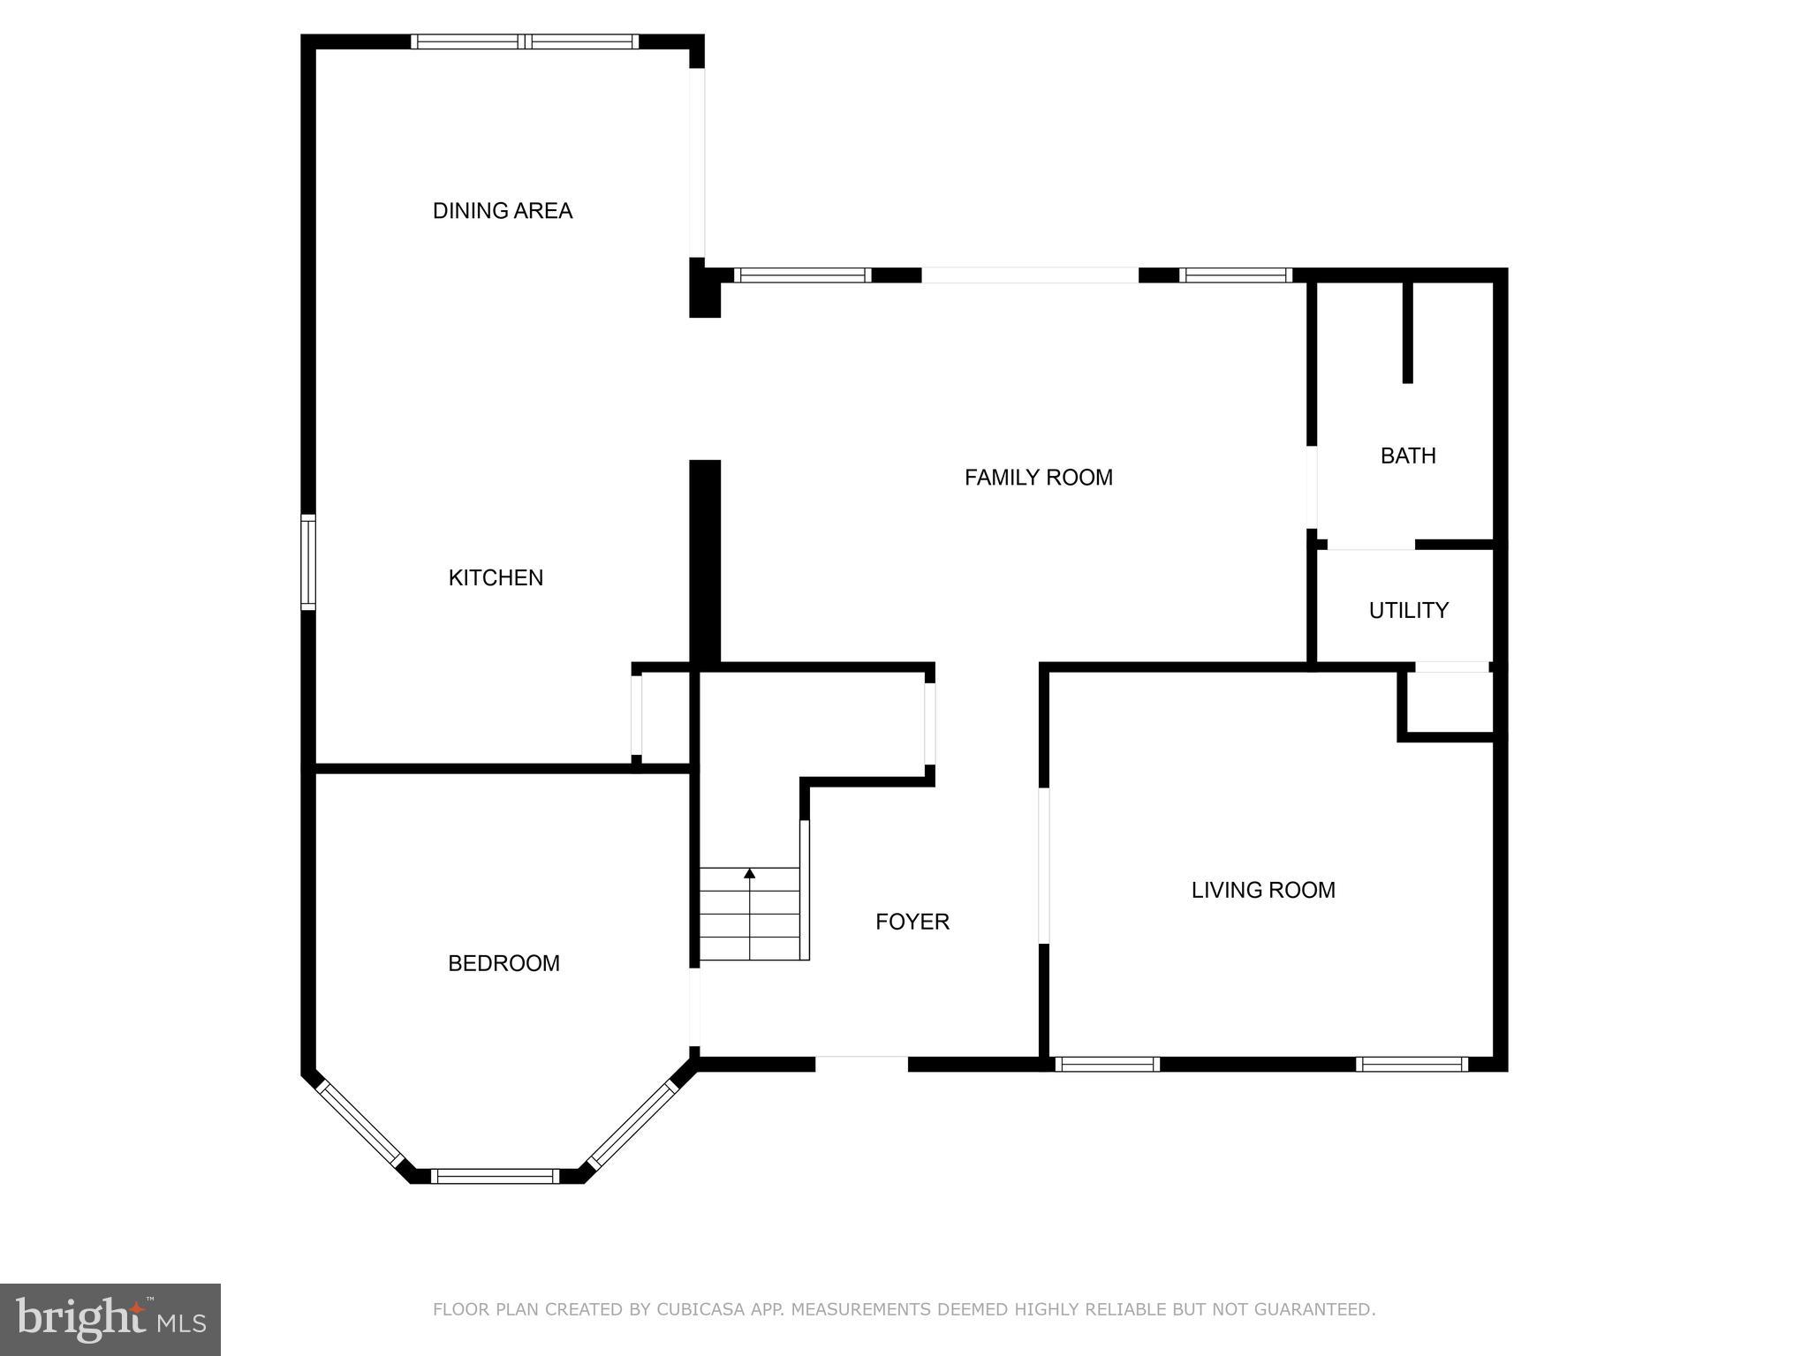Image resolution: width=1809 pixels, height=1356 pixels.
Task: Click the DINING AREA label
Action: tap(502, 211)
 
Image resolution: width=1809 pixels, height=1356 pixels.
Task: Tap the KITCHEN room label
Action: tap(496, 577)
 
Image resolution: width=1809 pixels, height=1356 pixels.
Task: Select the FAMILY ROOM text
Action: tap(1038, 478)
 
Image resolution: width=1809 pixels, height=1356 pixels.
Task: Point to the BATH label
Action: tap(1408, 456)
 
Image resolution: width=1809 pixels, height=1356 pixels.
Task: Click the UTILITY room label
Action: tap(1408, 610)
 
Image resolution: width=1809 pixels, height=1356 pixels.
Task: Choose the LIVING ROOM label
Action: tap(1263, 890)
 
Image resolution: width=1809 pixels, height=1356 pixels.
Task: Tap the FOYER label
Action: tap(912, 922)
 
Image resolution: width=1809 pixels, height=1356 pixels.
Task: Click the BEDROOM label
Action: tap(503, 963)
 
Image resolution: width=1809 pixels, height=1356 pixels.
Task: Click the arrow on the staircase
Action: tap(750, 874)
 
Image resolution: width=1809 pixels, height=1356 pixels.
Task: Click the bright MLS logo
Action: tap(110, 1320)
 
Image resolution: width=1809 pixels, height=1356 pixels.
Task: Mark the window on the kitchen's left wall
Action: tap(307, 563)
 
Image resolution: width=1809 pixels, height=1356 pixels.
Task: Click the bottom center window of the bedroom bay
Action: tap(496, 1176)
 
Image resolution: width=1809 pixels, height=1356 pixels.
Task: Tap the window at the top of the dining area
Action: tap(525, 41)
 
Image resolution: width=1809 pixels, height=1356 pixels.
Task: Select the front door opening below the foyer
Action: tap(861, 1063)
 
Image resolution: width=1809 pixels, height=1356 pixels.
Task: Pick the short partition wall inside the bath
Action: tap(1408, 332)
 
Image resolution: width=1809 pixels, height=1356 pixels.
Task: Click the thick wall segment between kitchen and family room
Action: tap(705, 561)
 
